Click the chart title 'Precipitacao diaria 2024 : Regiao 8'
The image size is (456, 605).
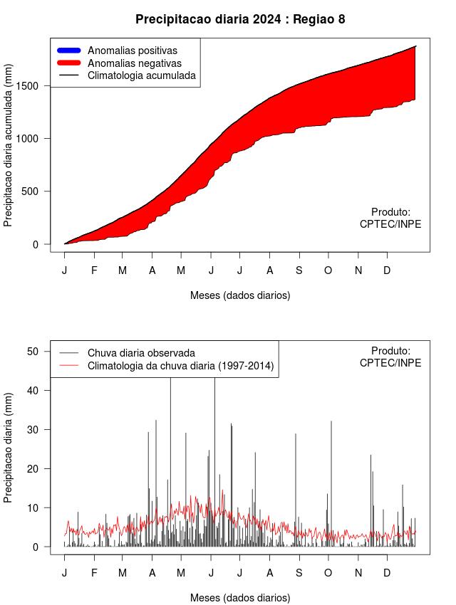click(x=240, y=19)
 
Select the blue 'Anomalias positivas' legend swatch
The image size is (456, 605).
click(x=68, y=50)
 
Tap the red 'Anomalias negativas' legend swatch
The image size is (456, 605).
click(x=68, y=63)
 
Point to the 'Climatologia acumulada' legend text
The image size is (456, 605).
click(x=142, y=75)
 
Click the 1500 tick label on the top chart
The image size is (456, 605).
click(x=30, y=86)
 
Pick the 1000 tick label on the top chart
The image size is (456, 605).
click(x=30, y=139)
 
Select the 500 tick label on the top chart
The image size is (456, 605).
click(x=30, y=191)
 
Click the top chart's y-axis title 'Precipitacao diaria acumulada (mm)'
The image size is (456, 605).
click(x=8, y=145)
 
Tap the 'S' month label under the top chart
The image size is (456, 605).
click(x=299, y=270)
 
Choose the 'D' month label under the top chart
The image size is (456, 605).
click(x=387, y=270)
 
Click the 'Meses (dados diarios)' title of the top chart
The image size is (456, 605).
click(x=240, y=295)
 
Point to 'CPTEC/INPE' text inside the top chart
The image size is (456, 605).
click(x=390, y=224)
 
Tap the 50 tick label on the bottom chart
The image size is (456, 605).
click(x=33, y=352)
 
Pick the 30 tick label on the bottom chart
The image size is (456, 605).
click(x=33, y=430)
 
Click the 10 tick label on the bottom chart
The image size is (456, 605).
click(x=33, y=508)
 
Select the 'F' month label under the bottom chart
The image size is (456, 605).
click(x=94, y=573)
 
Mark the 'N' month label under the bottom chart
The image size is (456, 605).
click(x=358, y=573)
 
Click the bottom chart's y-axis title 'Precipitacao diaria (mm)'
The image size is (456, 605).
click(x=8, y=448)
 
